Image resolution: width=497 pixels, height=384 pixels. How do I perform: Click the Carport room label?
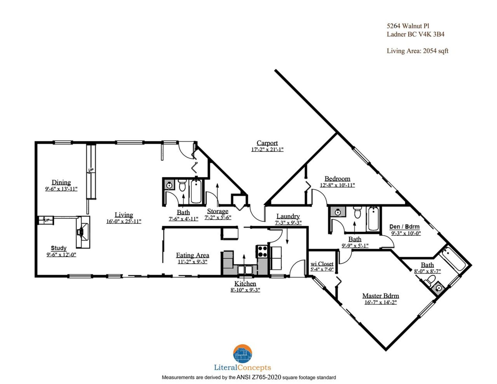point(267,143)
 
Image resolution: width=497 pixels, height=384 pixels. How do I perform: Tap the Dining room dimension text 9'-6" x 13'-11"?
point(61,189)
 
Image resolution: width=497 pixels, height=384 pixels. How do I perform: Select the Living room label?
point(124,215)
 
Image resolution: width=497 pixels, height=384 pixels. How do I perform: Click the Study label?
point(59,248)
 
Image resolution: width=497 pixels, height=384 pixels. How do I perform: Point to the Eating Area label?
point(192,255)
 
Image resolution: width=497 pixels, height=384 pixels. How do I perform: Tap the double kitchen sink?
point(245,270)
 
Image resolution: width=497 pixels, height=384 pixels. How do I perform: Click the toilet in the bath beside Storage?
point(182,185)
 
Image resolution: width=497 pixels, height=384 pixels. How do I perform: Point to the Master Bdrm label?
point(380,296)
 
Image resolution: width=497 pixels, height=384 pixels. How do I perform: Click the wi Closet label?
point(322,264)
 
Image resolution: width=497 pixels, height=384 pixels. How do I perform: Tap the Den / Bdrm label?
point(404,227)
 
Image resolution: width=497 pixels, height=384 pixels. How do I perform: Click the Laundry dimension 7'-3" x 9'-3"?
point(288,223)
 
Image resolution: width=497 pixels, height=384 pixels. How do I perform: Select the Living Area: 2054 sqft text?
point(417,51)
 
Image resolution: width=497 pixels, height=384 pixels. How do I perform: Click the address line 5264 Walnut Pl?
point(408,26)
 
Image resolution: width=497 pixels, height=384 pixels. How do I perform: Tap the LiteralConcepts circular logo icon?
point(243,354)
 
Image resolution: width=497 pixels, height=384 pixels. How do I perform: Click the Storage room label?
point(217,211)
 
